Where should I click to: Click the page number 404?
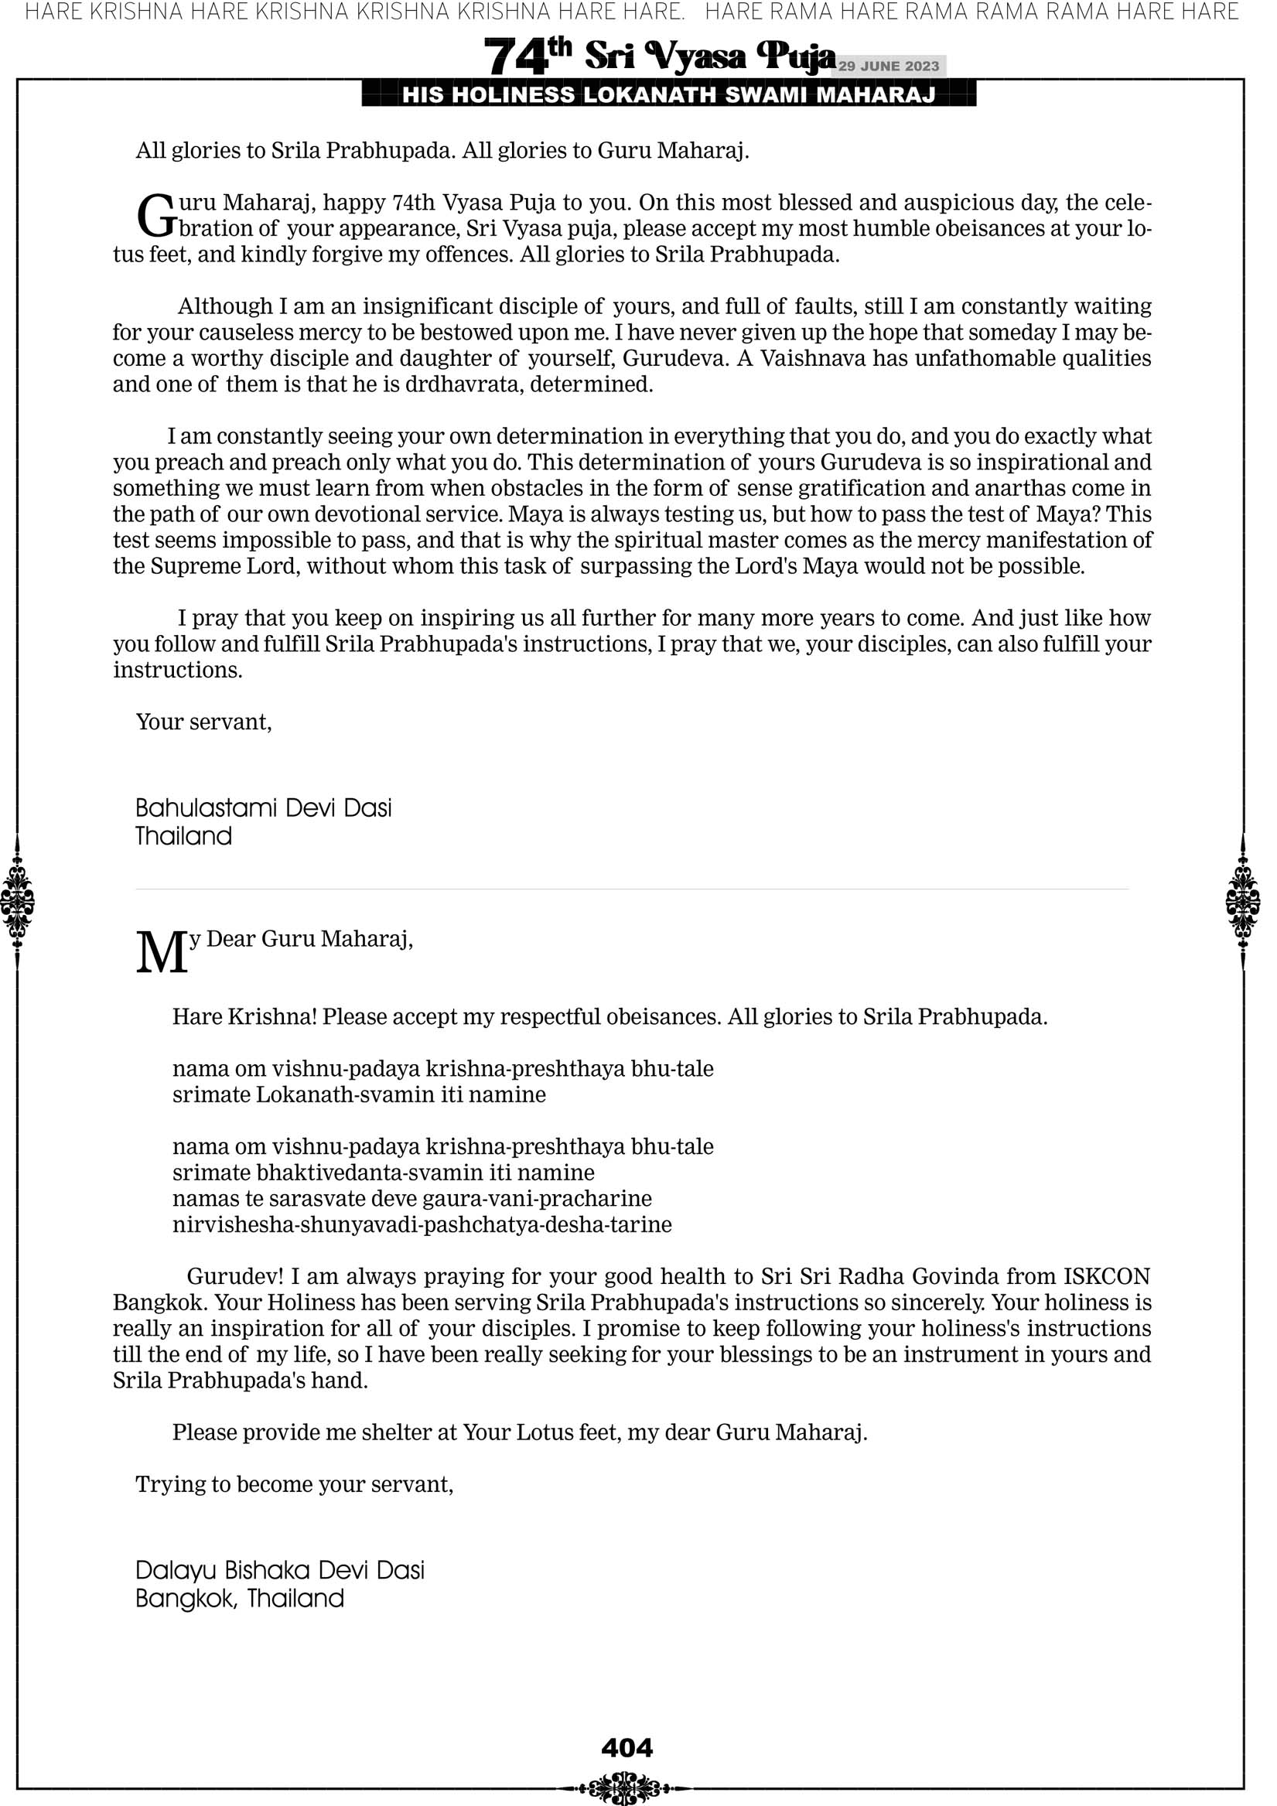627,1748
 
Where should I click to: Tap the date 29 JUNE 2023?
888,66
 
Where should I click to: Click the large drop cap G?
155,217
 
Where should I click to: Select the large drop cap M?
162,954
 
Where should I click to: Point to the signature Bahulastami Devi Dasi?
263,807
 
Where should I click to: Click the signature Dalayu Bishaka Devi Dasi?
279,1570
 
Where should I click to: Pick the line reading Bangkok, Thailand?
239,1599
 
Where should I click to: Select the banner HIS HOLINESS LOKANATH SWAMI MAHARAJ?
669,95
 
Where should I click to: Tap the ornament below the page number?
627,1787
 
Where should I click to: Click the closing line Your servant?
203,722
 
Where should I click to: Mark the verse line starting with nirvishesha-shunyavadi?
422,1224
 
